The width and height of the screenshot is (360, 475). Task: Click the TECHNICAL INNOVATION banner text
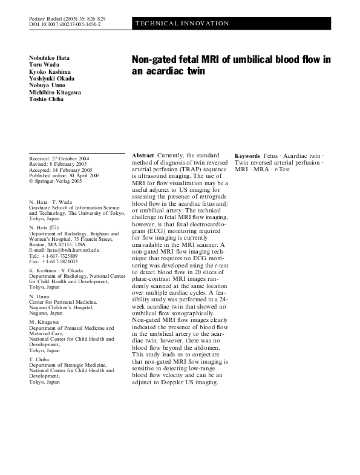(182, 24)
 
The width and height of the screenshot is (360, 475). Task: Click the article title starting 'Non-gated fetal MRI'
(231, 65)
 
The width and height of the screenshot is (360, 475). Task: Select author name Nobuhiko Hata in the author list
(49, 57)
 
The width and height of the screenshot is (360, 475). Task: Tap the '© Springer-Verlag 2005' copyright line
(55, 180)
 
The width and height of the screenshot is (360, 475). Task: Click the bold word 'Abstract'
(143, 156)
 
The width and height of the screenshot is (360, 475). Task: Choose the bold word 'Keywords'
(247, 156)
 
